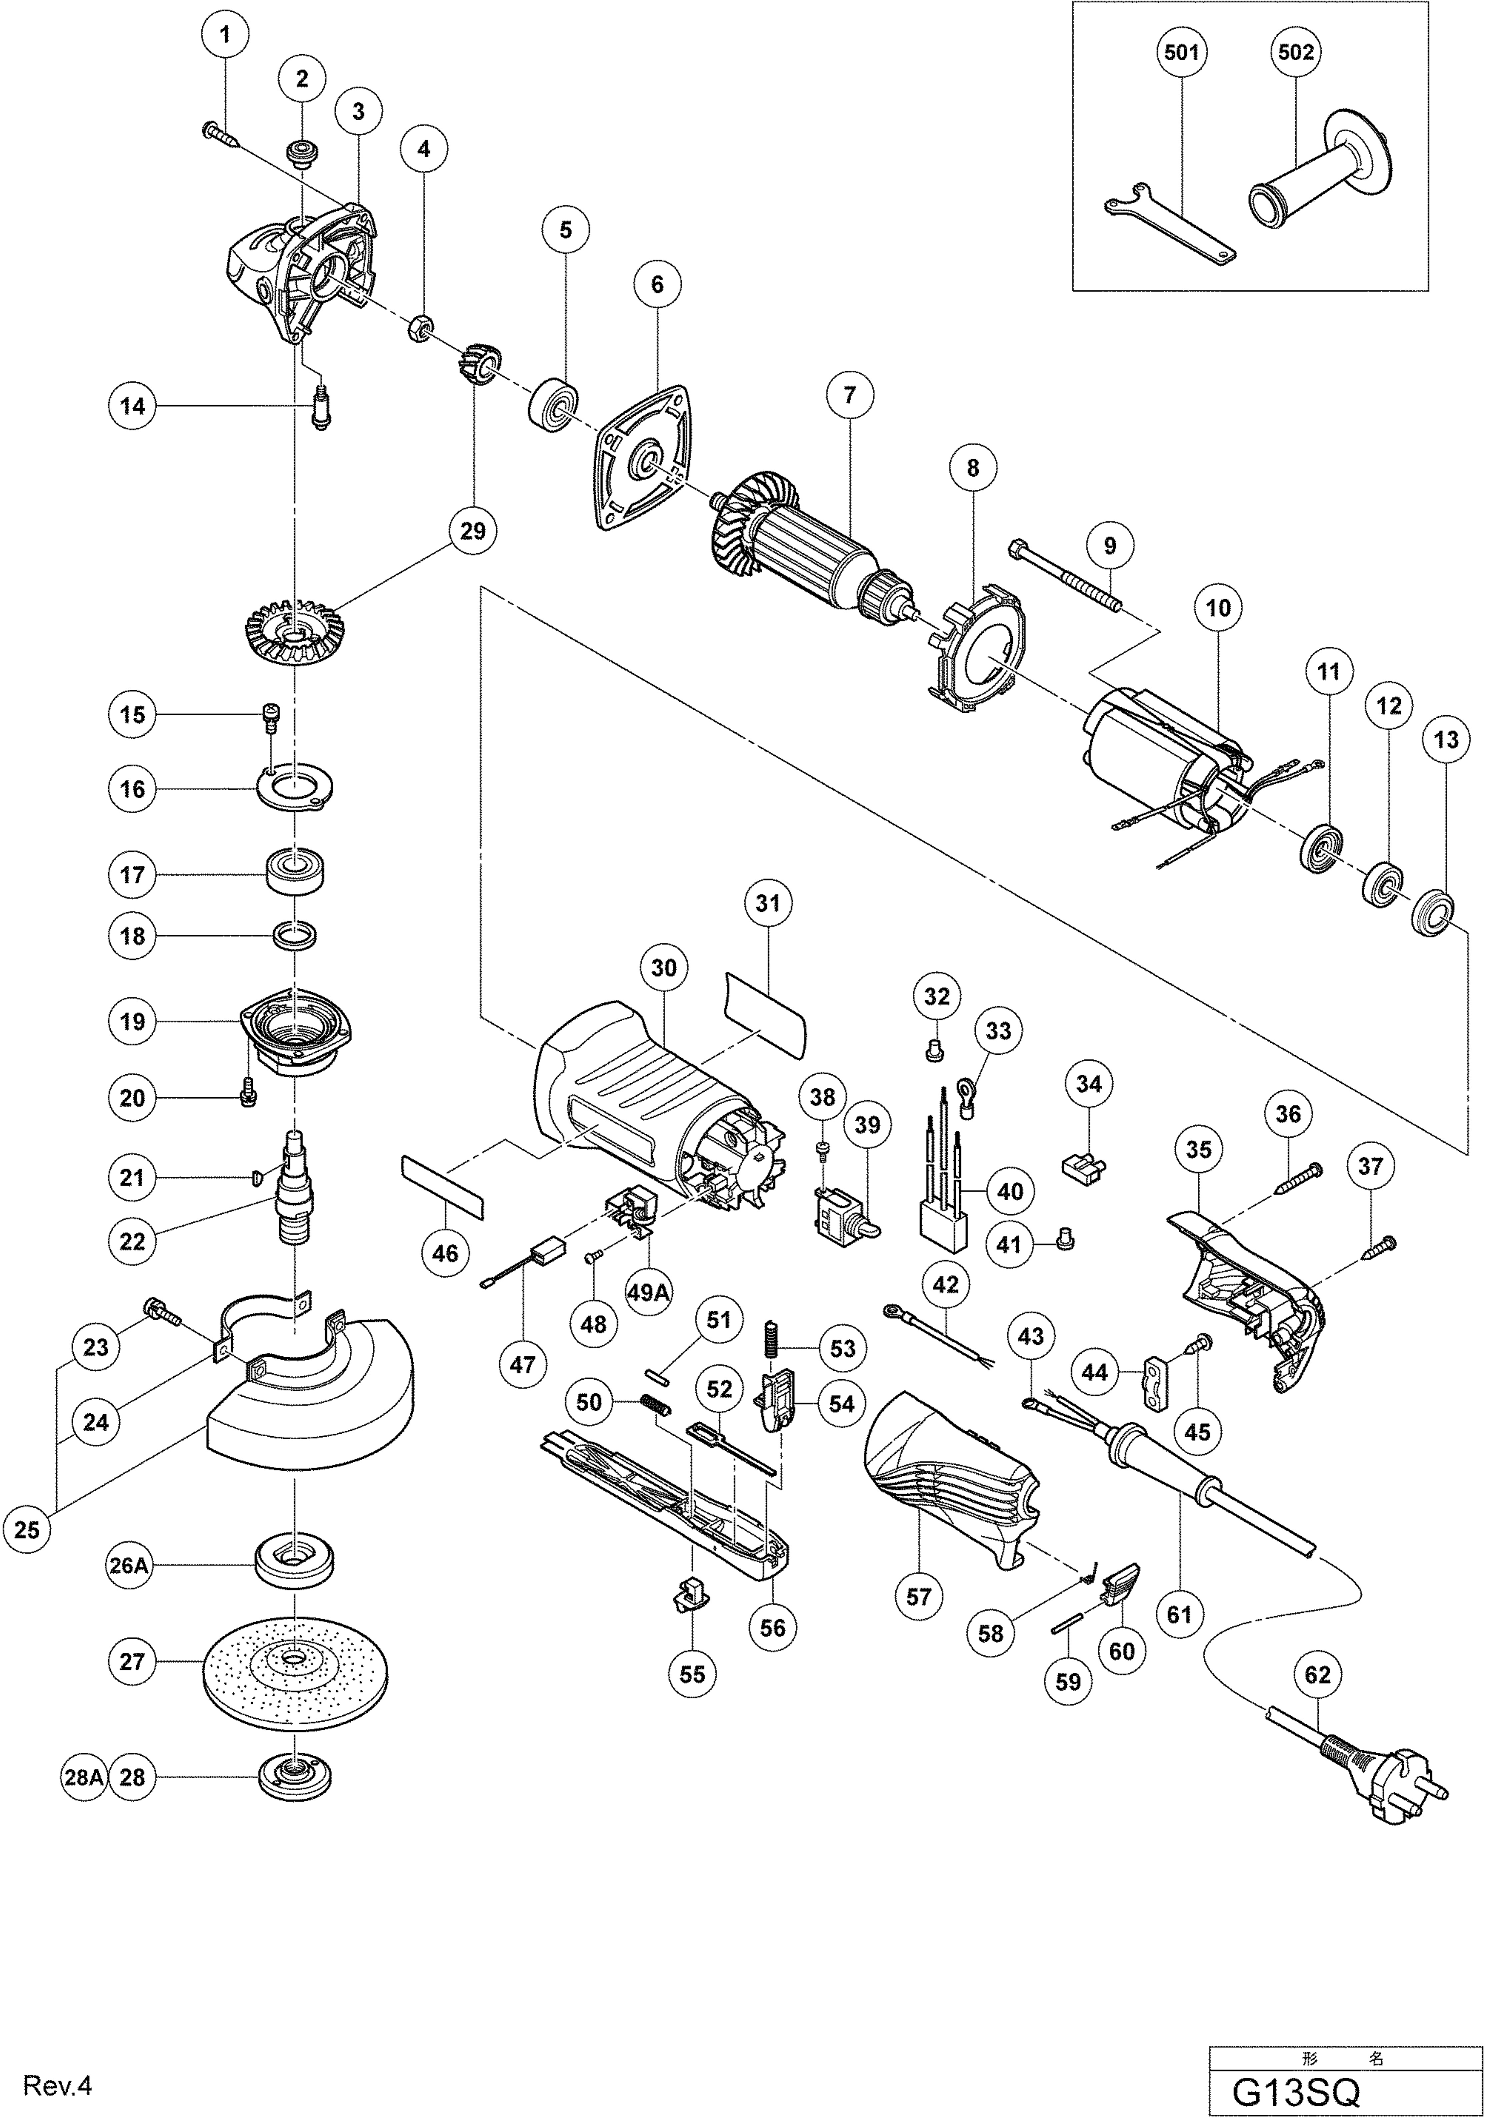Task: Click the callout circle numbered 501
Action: [1181, 53]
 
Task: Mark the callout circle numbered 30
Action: [664, 968]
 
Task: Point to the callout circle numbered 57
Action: [918, 1596]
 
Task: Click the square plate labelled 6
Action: [646, 459]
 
